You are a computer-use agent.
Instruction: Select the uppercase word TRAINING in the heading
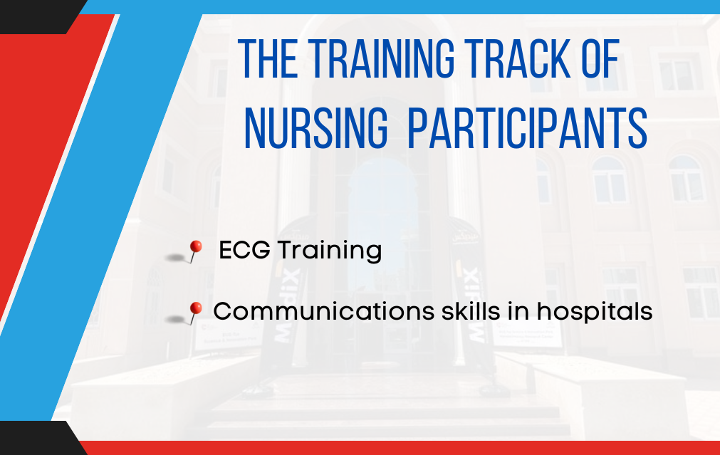tap(381, 58)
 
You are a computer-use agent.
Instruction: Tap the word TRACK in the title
tap(518, 58)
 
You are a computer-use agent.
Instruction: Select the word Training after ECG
tap(329, 251)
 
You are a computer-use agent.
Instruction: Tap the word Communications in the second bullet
tap(324, 311)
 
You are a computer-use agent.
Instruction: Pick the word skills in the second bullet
tap(471, 311)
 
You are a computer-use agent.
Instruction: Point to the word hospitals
tap(595, 312)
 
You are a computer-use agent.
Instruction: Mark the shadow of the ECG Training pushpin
tap(176, 258)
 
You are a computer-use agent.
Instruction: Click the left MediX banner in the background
tap(286, 294)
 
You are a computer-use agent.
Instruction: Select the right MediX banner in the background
tap(469, 294)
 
